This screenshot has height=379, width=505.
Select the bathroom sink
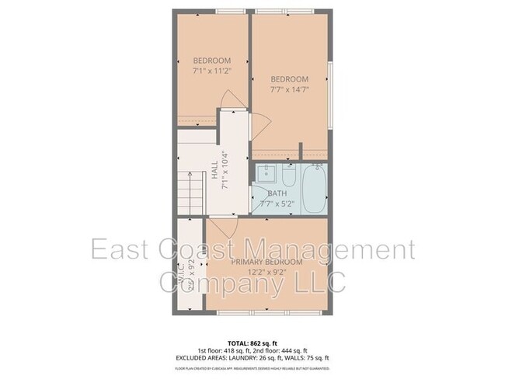266,173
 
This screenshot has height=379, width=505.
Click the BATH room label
277,193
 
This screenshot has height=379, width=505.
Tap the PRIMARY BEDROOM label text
266,263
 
